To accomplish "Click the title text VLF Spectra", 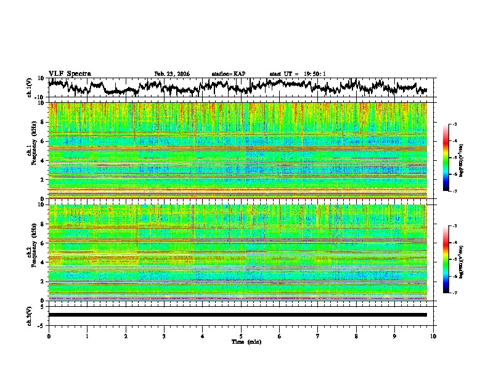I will tap(69, 74).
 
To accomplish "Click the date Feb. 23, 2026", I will tap(172, 74).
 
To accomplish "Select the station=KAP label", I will tap(229, 74).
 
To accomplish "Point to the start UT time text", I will tap(298, 74).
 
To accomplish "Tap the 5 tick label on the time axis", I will tap(242, 336).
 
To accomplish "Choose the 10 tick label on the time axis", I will tap(434, 336).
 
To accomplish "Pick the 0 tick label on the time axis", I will tap(49, 336).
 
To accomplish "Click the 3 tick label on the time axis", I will tap(165, 336).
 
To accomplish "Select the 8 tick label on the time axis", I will tap(357, 336).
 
